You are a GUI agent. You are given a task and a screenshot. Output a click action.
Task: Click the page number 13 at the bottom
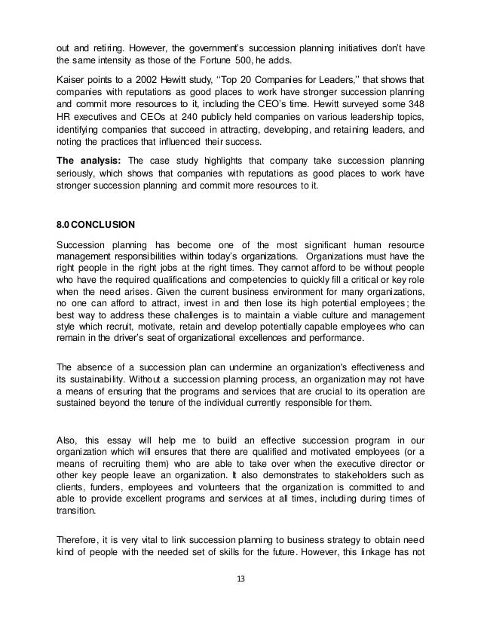pos(240,601)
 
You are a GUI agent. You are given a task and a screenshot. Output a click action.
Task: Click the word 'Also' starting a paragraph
pos(69,440)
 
